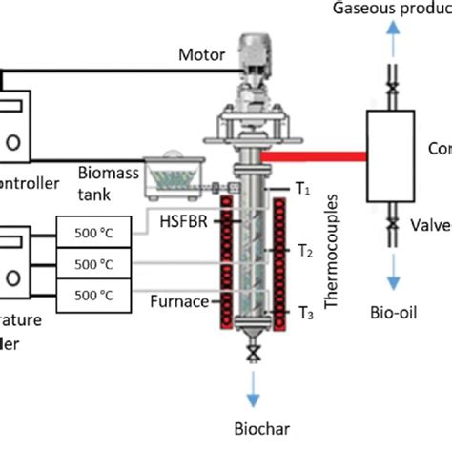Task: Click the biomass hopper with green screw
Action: [x=181, y=173]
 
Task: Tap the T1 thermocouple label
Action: [x=303, y=190]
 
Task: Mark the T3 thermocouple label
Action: [x=305, y=313]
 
